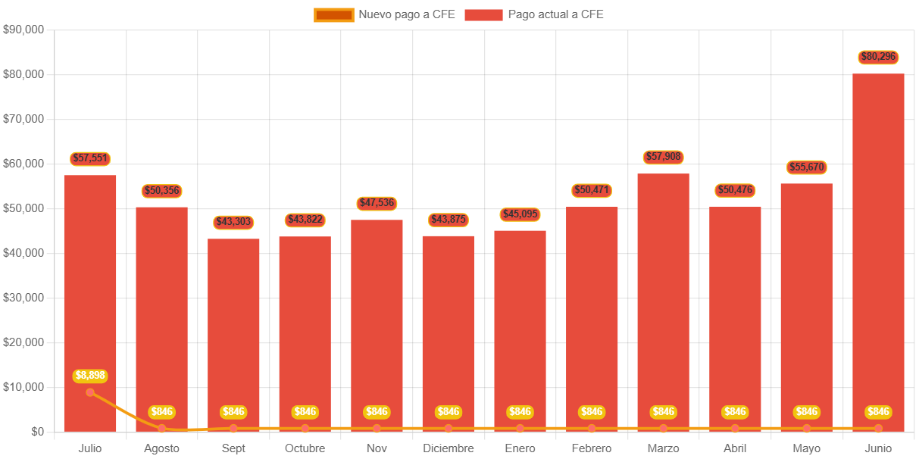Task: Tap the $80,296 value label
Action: click(x=878, y=57)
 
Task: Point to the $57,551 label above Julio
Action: click(x=90, y=158)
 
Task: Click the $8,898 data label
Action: click(x=90, y=375)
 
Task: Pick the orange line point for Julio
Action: click(x=90, y=392)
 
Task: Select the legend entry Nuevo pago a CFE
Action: click(x=384, y=14)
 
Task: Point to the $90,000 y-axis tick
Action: click(x=23, y=30)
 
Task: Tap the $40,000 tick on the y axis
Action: click(x=23, y=253)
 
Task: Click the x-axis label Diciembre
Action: click(x=449, y=448)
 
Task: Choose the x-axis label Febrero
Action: click(x=592, y=448)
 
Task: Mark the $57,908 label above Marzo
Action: click(x=663, y=157)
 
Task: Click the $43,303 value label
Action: click(x=233, y=222)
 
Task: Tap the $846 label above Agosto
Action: click(x=161, y=412)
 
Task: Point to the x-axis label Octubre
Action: click(x=305, y=448)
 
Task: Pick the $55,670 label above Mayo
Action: click(x=806, y=167)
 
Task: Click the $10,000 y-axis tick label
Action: click(x=23, y=387)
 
